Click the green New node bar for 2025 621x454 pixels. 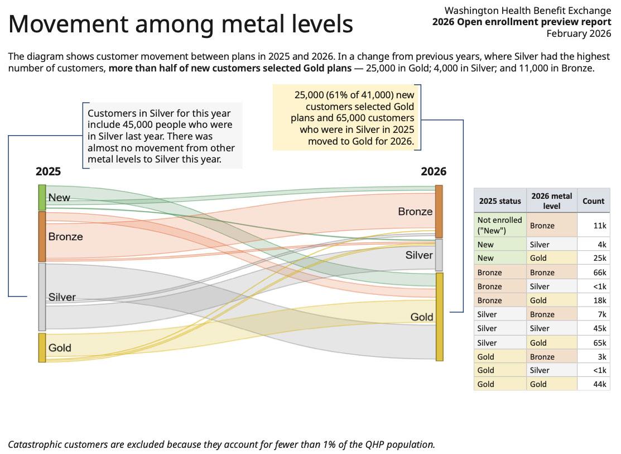click(x=42, y=197)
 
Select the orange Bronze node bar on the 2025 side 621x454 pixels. click(x=42, y=236)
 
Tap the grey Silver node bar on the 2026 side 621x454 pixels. click(x=439, y=255)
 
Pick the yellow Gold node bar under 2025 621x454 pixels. click(x=42, y=347)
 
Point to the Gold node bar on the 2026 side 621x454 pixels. click(x=439, y=317)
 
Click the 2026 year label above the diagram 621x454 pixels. click(x=434, y=172)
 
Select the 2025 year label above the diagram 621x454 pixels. click(x=49, y=172)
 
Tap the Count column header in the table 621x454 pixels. click(x=593, y=201)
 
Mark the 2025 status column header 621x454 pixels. click(x=500, y=201)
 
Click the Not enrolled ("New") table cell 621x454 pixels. click(x=499, y=225)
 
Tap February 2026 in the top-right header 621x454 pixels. click(x=579, y=34)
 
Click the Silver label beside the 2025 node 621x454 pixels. click(x=62, y=297)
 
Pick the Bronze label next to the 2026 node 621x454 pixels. click(x=415, y=212)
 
